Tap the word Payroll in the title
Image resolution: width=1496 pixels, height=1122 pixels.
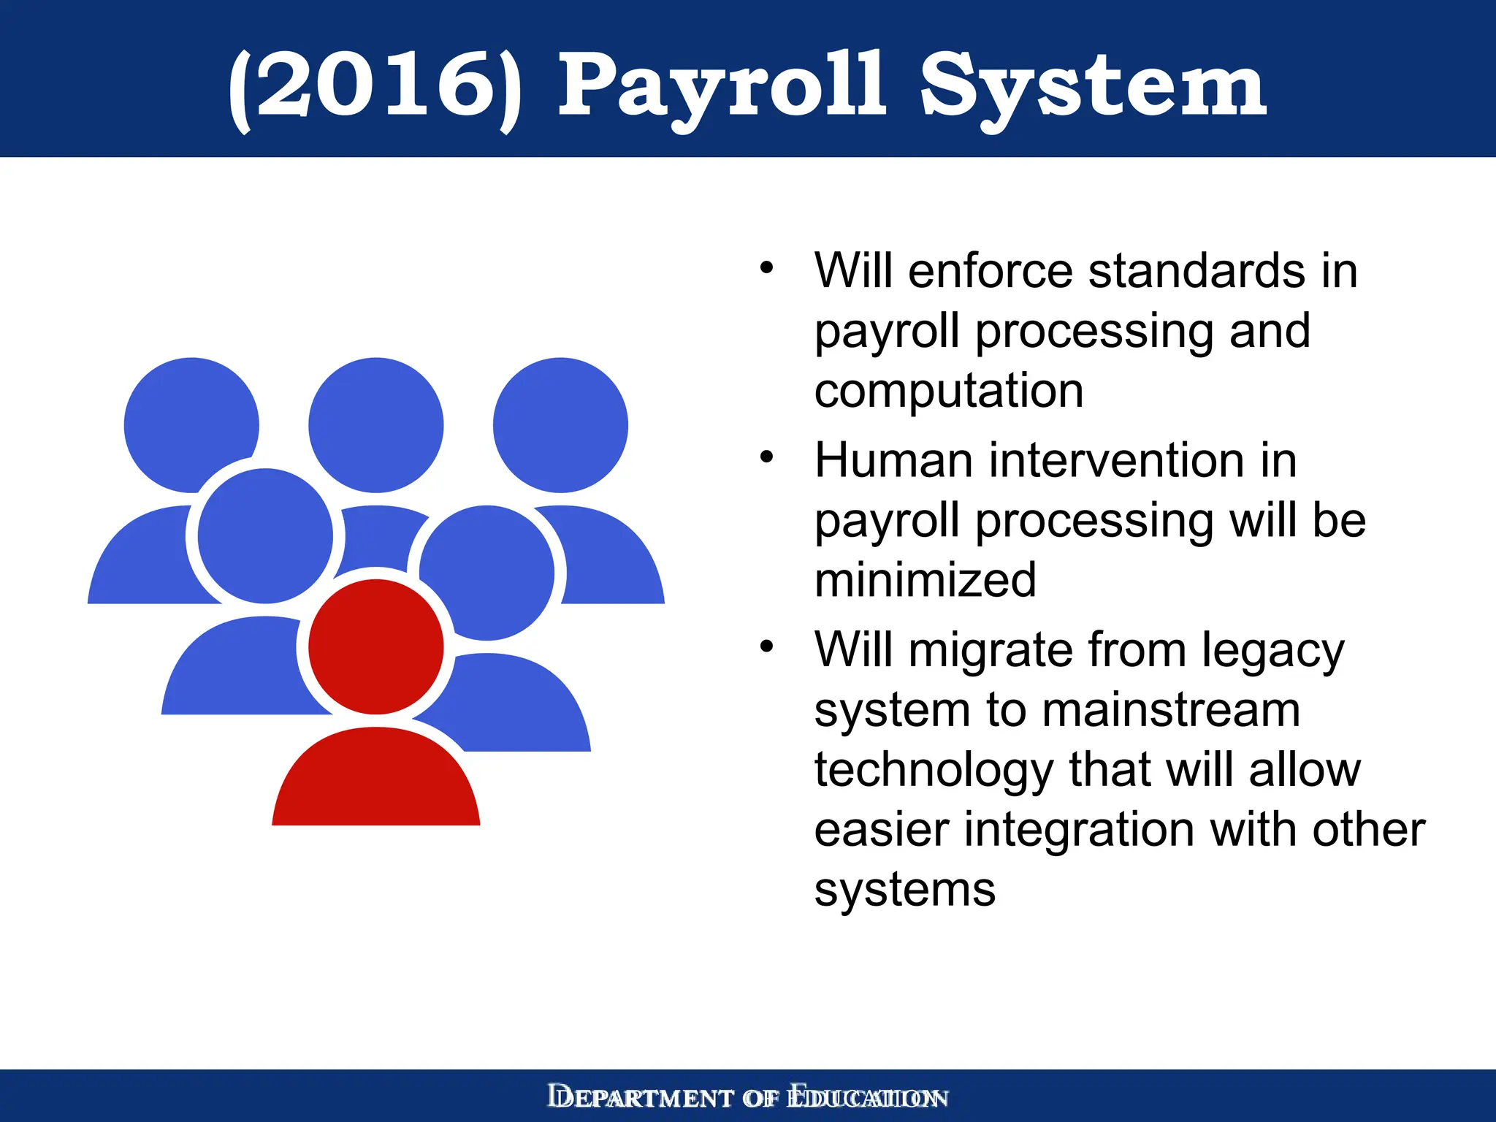tap(722, 86)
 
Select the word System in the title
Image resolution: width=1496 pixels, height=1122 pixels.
tap(1092, 86)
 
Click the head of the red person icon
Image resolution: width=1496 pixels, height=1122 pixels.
tap(375, 646)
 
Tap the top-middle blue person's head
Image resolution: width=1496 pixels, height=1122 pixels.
tap(375, 424)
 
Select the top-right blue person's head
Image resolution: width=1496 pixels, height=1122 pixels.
tap(560, 424)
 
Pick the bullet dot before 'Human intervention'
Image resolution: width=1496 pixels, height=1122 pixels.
tap(766, 457)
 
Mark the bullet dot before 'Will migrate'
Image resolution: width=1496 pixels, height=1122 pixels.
tap(766, 646)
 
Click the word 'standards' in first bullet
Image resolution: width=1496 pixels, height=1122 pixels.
tap(1197, 271)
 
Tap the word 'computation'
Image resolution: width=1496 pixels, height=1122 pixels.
tap(948, 391)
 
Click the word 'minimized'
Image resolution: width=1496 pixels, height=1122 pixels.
tap(925, 580)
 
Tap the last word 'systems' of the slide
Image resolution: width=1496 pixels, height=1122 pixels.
tap(904, 890)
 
